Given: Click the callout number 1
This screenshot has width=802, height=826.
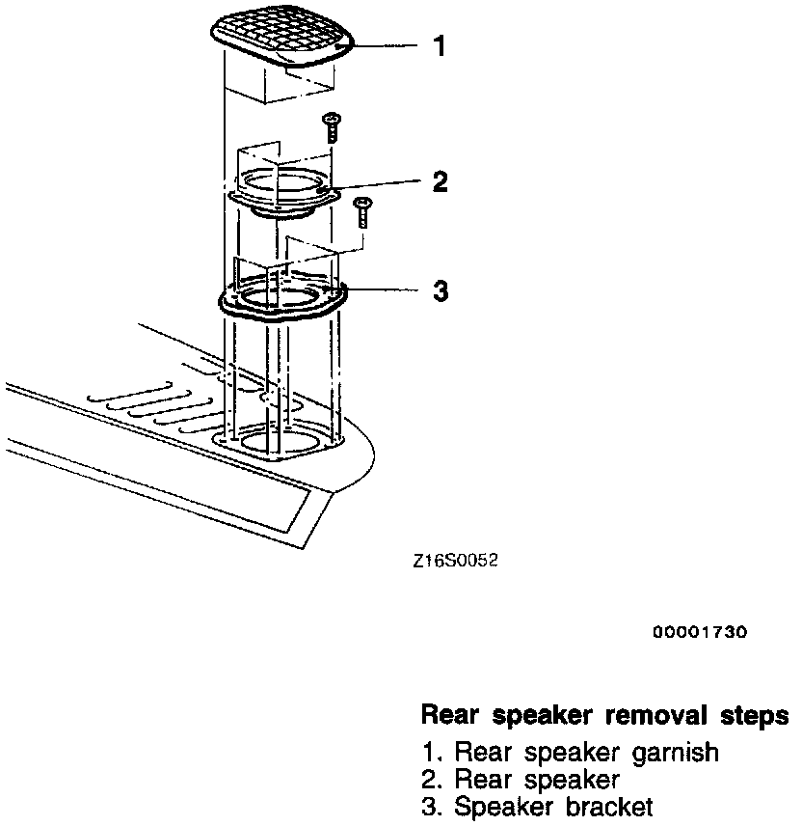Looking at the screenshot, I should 440,45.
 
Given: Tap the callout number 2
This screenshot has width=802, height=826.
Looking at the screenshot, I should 440,181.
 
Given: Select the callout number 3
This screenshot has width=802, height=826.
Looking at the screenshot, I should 440,291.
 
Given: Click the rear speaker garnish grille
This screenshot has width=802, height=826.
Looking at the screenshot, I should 281,39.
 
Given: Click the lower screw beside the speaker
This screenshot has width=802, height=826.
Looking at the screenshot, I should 362,210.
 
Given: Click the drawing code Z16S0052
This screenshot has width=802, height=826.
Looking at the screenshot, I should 453,560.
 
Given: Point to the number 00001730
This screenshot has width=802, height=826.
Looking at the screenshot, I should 700,632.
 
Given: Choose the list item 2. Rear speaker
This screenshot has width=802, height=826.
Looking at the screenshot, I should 521,779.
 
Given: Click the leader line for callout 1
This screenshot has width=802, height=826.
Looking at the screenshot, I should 386,45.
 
